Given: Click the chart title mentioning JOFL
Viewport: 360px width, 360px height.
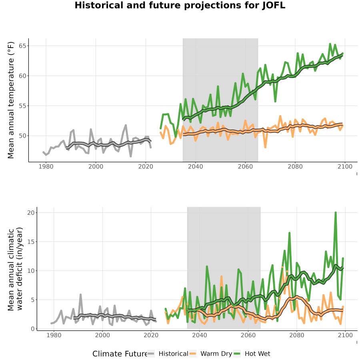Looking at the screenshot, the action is (180, 5).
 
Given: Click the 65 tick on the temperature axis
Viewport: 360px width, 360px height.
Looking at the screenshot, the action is (22, 46).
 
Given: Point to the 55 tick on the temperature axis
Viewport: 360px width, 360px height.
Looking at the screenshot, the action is (22, 106).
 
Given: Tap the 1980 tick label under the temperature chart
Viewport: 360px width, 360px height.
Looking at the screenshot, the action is (46, 166).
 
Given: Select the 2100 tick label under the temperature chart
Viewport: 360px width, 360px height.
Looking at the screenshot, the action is (345, 166).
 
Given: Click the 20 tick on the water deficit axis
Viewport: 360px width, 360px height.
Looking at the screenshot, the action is (31, 213).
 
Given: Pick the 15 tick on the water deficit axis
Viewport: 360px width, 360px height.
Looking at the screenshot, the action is (31, 242).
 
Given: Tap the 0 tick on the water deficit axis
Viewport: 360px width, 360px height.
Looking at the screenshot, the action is (33, 329).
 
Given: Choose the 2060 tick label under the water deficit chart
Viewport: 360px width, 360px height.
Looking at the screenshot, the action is (248, 335).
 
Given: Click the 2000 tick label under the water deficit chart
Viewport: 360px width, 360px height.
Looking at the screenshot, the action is (102, 335).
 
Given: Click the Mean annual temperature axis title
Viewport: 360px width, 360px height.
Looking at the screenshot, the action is (11, 100).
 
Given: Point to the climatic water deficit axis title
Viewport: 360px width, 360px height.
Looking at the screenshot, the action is (15, 269).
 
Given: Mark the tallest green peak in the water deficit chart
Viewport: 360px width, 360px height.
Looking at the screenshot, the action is (336, 213).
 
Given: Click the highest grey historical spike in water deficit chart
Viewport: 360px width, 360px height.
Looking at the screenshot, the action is (80, 294).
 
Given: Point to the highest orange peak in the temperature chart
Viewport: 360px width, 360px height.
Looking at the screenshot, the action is (280, 116).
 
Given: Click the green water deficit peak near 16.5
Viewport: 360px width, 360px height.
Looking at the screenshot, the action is (290, 233).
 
